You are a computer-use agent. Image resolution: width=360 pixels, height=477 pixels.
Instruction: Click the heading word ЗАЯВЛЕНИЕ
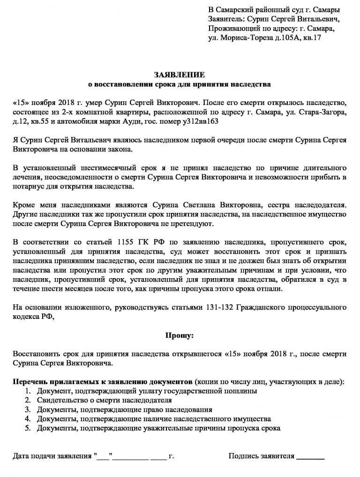coord(180,75)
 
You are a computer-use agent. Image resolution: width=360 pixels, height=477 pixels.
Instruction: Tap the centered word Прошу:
coord(180,335)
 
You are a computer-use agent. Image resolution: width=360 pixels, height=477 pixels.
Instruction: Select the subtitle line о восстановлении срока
coord(180,84)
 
